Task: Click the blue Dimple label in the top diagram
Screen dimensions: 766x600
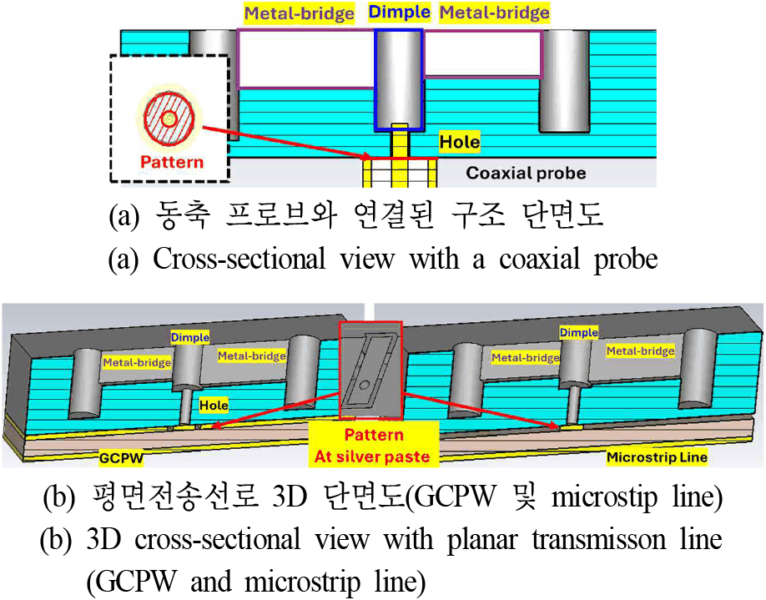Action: [x=399, y=12]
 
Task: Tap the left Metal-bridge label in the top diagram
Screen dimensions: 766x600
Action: [x=299, y=13]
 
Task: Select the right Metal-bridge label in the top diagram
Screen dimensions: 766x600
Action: [x=494, y=13]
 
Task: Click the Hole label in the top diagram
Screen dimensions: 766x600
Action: [x=459, y=142]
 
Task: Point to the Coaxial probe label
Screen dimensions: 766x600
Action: [x=526, y=173]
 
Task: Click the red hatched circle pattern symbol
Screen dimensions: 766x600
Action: [x=169, y=118]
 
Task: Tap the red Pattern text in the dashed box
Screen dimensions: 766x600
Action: [x=171, y=162]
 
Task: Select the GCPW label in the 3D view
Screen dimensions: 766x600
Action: [x=121, y=458]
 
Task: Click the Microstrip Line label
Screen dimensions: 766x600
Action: [x=657, y=457]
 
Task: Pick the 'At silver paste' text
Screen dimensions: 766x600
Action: [x=372, y=456]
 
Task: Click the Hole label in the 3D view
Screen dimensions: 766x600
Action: [x=214, y=405]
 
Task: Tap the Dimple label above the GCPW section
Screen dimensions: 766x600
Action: [x=190, y=337]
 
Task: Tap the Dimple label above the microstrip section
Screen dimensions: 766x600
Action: [x=579, y=333]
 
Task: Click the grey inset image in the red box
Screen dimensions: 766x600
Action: [x=370, y=371]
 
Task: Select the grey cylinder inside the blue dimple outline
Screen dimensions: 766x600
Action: [x=399, y=80]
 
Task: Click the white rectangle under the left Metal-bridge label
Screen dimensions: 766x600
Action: [x=306, y=59]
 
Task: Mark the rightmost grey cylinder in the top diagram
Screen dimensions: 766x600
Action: [x=564, y=82]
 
